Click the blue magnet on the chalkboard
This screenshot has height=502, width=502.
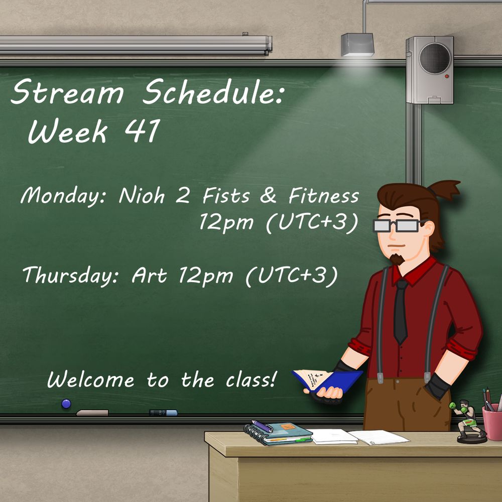[x=66, y=404]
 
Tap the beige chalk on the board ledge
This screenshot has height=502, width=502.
[x=92, y=413]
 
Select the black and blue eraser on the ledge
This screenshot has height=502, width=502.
[x=163, y=413]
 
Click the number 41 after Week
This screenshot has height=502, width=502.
[x=142, y=131]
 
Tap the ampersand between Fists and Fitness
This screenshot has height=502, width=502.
[x=268, y=195]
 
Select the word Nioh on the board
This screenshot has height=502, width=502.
[x=142, y=195]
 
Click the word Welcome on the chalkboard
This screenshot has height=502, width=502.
[x=90, y=380]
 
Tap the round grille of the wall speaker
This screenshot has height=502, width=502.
[x=434, y=58]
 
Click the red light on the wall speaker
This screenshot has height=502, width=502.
[x=447, y=76]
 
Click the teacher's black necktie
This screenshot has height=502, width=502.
[x=400, y=311]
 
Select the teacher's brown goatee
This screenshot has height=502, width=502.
[x=397, y=259]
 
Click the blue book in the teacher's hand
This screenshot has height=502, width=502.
[x=327, y=381]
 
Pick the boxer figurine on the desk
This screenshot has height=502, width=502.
[x=467, y=421]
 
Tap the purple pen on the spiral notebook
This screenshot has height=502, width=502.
[x=262, y=426]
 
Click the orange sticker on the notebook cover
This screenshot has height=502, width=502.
[x=288, y=427]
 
